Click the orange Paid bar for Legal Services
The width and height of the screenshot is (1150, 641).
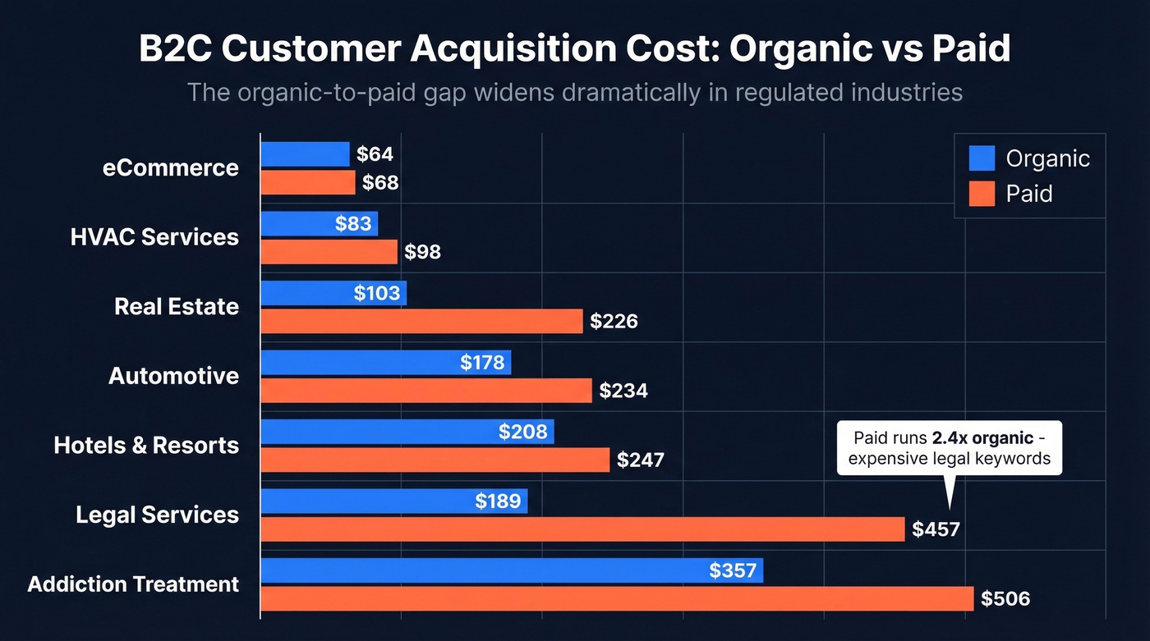coord(582,529)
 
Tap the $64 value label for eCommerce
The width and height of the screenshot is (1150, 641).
coord(375,154)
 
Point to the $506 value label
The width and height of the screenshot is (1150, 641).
coord(1005,599)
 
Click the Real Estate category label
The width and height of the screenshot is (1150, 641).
coord(177,307)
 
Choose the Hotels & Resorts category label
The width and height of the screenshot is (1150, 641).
coord(146,446)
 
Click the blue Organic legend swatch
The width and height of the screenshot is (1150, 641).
coord(982,158)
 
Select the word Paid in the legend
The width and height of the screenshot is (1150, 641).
coord(1029,194)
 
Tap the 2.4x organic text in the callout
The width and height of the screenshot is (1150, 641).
coord(982,437)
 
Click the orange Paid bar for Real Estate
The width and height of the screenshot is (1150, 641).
coord(421,321)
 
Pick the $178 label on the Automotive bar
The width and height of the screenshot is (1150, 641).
coord(482,363)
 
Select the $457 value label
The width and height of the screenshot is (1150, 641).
coord(936,529)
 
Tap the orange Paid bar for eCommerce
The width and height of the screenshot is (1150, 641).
coord(308,182)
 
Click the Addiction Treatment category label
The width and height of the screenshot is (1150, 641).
coord(133,584)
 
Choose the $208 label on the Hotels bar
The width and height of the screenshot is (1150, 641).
coord(522,432)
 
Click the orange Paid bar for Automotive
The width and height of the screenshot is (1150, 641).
coord(425,391)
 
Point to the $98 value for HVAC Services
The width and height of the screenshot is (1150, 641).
coord(422,252)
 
